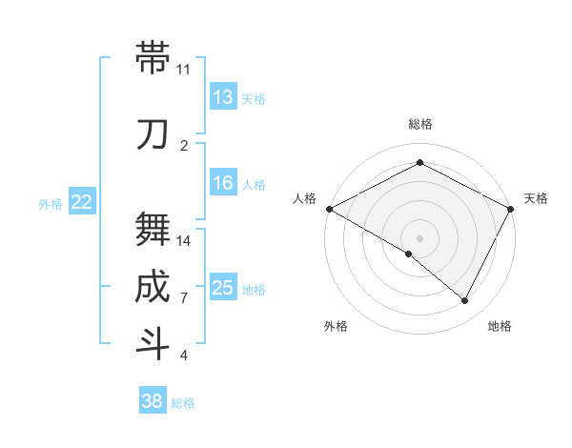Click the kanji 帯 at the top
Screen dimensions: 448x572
pos(153,57)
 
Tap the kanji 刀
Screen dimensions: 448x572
pos(153,134)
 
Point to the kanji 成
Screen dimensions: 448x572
pos(153,287)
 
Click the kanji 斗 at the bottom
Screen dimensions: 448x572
pos(153,344)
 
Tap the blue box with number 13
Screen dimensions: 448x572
pos(223,97)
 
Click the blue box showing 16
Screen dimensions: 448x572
pos(223,184)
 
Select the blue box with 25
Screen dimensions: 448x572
pos(223,289)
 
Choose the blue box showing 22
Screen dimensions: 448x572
pos(82,202)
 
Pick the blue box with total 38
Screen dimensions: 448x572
pos(153,402)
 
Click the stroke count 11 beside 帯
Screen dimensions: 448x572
pos(183,70)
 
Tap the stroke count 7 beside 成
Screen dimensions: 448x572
pos(183,298)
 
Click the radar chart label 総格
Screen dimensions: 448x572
pos(419,124)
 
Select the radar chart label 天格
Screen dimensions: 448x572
pos(536,198)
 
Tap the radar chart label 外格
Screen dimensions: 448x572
pos(336,326)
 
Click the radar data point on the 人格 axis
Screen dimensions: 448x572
pos(329,209)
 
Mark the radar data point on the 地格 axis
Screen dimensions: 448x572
pos(465,301)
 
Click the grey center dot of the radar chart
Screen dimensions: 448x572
pos(419,237)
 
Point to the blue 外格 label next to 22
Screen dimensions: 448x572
pos(51,203)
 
